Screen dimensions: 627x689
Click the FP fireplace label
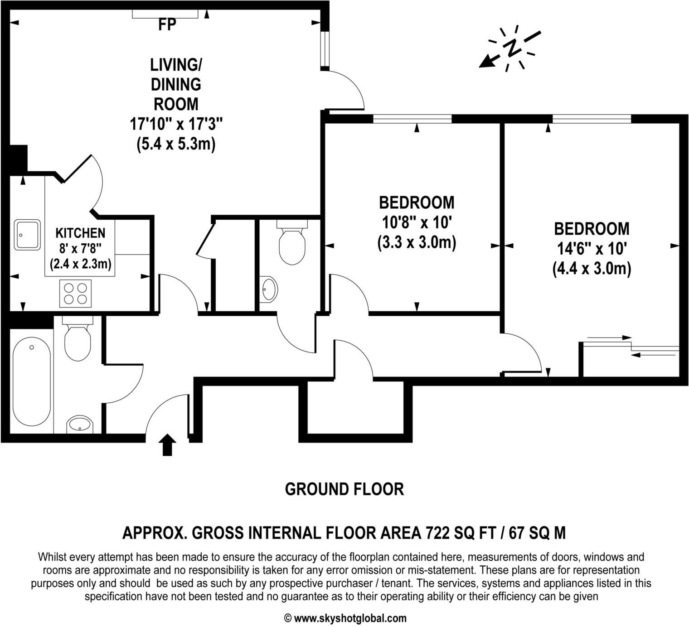pos(167,25)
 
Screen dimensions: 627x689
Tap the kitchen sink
pos(27,234)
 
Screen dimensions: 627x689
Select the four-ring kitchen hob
pos(75,293)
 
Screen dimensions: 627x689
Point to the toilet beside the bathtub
pos(78,340)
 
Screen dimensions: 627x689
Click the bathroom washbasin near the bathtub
pos(80,425)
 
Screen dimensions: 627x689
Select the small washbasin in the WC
pos(269,289)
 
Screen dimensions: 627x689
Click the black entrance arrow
pos(168,444)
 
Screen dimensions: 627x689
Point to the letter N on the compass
pos(512,48)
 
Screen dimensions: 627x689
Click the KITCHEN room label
pos(80,233)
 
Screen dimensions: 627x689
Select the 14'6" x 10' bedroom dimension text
pos(591,248)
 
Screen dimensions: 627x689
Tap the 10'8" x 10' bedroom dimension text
pos(416,222)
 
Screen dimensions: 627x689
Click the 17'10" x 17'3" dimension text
pos(176,123)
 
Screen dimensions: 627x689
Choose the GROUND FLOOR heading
pos(344,489)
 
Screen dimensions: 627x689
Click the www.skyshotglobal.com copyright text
pos(345,618)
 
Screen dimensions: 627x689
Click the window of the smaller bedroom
pos(412,119)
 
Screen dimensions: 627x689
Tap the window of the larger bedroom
pos(591,119)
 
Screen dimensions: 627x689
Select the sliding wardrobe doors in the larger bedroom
pos(631,345)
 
